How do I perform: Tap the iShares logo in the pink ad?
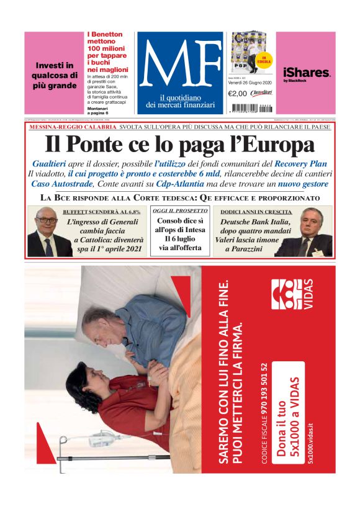(x=307, y=73)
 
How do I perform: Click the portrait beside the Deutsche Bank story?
(x=310, y=231)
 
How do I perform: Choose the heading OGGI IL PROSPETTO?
(x=179, y=212)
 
